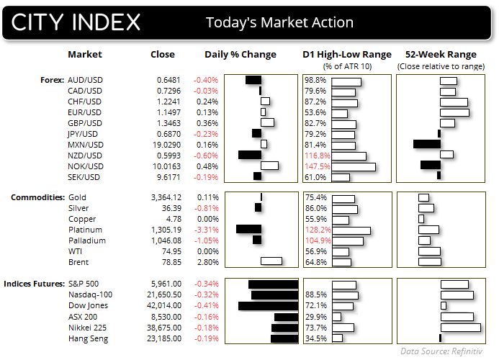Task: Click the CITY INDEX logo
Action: pos(76,22)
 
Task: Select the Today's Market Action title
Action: pos(279,22)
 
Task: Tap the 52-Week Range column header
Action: pos(441,54)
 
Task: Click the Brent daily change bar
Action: pos(271,261)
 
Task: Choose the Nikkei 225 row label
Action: pos(88,327)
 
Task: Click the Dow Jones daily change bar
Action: pos(268,305)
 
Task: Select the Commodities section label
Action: pos(34,197)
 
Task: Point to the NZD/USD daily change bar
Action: pos(249,155)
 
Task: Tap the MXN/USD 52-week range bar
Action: pos(426,144)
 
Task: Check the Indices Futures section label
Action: pos(34,284)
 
